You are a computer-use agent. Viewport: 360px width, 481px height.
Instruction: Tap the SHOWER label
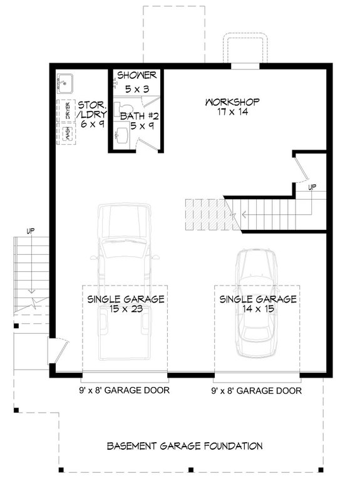click(x=136, y=76)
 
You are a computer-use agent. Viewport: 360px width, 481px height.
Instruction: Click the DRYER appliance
click(x=68, y=110)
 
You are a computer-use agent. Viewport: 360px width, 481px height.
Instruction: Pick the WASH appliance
click(x=68, y=133)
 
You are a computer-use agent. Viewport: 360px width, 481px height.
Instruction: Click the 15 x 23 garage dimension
click(x=126, y=309)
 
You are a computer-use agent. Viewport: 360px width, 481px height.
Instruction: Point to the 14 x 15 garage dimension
click(x=257, y=309)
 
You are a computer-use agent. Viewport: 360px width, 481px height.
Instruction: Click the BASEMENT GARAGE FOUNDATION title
click(x=184, y=447)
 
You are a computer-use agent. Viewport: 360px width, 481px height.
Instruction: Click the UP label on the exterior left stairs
click(x=29, y=231)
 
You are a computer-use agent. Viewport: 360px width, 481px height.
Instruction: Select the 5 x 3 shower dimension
click(x=137, y=90)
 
